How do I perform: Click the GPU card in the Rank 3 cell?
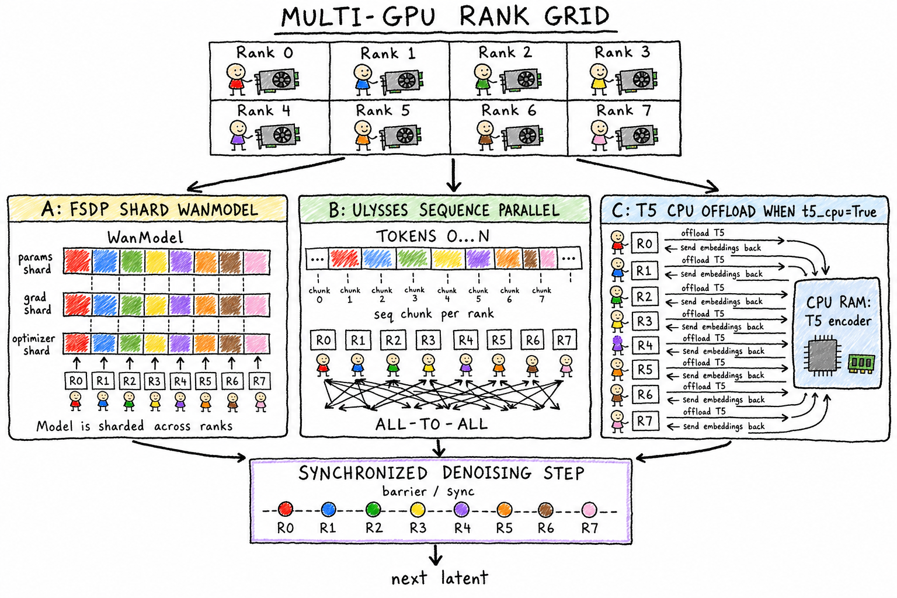[635, 81]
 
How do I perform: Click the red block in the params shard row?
[78, 262]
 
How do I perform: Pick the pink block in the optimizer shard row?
[257, 344]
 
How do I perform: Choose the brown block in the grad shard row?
[231, 305]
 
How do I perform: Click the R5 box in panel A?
[205, 381]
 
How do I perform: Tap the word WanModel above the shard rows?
[145, 238]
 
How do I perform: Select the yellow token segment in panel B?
[448, 258]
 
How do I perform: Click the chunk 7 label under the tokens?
[541, 294]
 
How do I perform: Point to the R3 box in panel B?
[427, 340]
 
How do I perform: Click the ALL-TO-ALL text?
[432, 424]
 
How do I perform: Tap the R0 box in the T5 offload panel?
[644, 243]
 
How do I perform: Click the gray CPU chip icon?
[822, 355]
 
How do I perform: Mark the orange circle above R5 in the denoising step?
[504, 509]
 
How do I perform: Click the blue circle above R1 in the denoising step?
[328, 509]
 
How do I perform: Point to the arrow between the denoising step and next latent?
[435, 554]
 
